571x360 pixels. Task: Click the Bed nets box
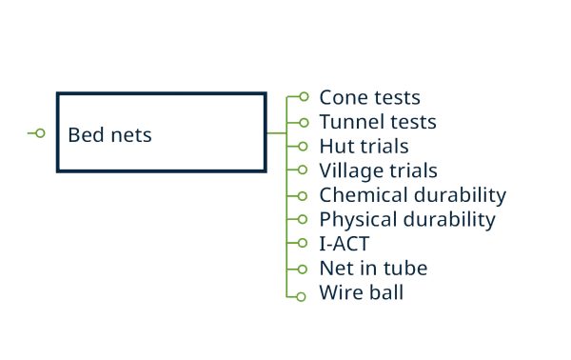coord(161,132)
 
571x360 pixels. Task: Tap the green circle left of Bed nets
coord(39,133)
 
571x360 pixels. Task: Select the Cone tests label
coord(369,97)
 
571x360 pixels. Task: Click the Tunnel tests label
coord(378,122)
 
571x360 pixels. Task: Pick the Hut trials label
coord(364,147)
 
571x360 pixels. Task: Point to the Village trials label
coord(378,170)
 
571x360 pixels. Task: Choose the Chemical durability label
coord(412,195)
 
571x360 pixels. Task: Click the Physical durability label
coord(407,220)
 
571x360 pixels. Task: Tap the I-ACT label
coord(345,244)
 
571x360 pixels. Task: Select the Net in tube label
coord(373,269)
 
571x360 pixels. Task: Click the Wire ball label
coord(361,292)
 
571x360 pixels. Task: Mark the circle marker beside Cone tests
coord(303,97)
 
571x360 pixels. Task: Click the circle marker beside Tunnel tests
coord(303,122)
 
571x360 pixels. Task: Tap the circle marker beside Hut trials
coord(303,147)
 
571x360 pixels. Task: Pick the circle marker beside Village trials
coord(303,170)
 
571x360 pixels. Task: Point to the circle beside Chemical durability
coord(303,195)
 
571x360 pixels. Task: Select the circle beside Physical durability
coord(303,220)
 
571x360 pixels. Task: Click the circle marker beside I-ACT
coord(303,244)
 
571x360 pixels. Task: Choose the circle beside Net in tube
coord(303,269)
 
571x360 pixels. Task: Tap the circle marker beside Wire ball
coord(303,295)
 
